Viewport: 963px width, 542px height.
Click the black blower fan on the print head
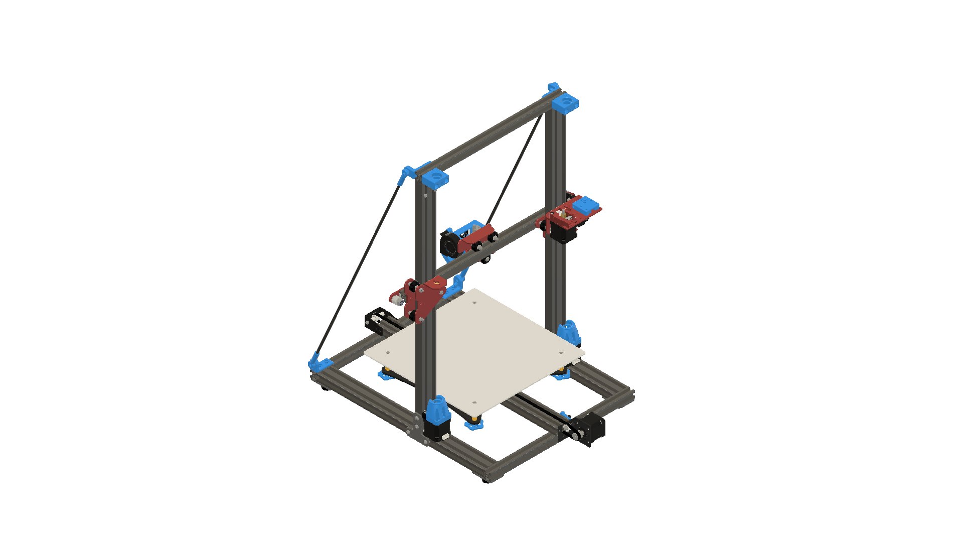450,244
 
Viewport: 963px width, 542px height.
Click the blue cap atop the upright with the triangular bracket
434,179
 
